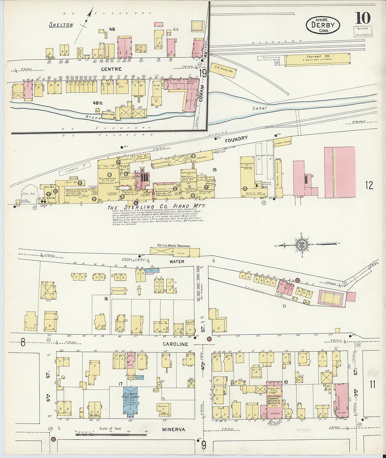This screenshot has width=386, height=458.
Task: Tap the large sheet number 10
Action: tap(363, 18)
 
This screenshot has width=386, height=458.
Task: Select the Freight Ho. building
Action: tap(318, 59)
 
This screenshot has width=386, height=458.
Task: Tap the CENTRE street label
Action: tap(111, 69)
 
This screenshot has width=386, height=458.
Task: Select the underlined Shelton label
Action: tap(61, 25)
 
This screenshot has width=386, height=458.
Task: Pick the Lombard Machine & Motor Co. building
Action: tap(274, 402)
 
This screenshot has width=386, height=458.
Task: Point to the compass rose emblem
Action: tap(301, 244)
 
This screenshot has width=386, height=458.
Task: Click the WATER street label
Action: tap(177, 262)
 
